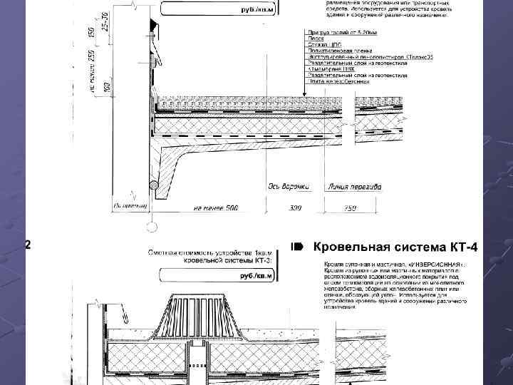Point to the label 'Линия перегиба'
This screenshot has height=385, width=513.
[355, 187]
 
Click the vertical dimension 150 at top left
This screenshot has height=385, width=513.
[91, 32]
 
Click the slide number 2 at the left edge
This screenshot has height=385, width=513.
[28, 245]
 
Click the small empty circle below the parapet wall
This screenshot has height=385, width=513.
[150, 228]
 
